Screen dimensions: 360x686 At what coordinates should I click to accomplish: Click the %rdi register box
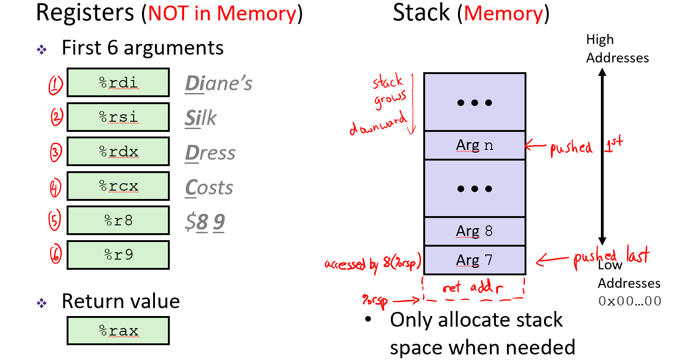118,82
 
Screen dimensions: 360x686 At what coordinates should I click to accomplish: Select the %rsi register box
118,117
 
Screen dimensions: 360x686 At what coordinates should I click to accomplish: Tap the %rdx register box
118,151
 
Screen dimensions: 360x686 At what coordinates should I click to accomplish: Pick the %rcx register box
118,186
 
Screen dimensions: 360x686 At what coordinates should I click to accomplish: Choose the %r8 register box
118,220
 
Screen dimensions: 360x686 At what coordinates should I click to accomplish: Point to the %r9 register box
118,254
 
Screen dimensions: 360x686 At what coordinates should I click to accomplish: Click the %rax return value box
118,331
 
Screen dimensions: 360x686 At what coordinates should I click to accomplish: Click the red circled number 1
55,85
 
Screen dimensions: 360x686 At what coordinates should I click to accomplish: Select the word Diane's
219,83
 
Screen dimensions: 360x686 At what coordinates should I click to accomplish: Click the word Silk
201,118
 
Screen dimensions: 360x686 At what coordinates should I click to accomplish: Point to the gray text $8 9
204,222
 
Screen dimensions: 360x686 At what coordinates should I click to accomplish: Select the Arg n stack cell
475,145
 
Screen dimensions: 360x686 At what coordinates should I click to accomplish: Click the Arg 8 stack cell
475,231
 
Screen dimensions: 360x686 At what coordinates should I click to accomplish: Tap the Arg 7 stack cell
475,260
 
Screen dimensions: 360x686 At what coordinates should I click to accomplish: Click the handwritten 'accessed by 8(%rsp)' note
373,264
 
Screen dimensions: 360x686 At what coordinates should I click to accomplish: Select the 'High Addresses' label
617,49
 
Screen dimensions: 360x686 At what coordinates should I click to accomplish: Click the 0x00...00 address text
630,301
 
